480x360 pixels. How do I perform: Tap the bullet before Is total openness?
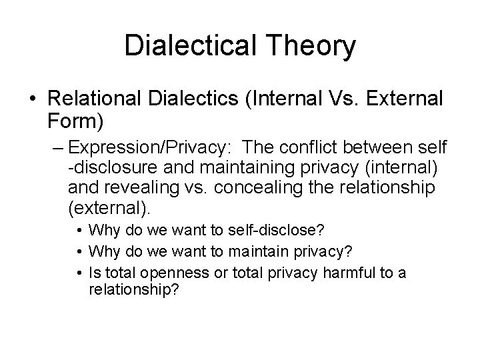(x=79, y=273)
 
